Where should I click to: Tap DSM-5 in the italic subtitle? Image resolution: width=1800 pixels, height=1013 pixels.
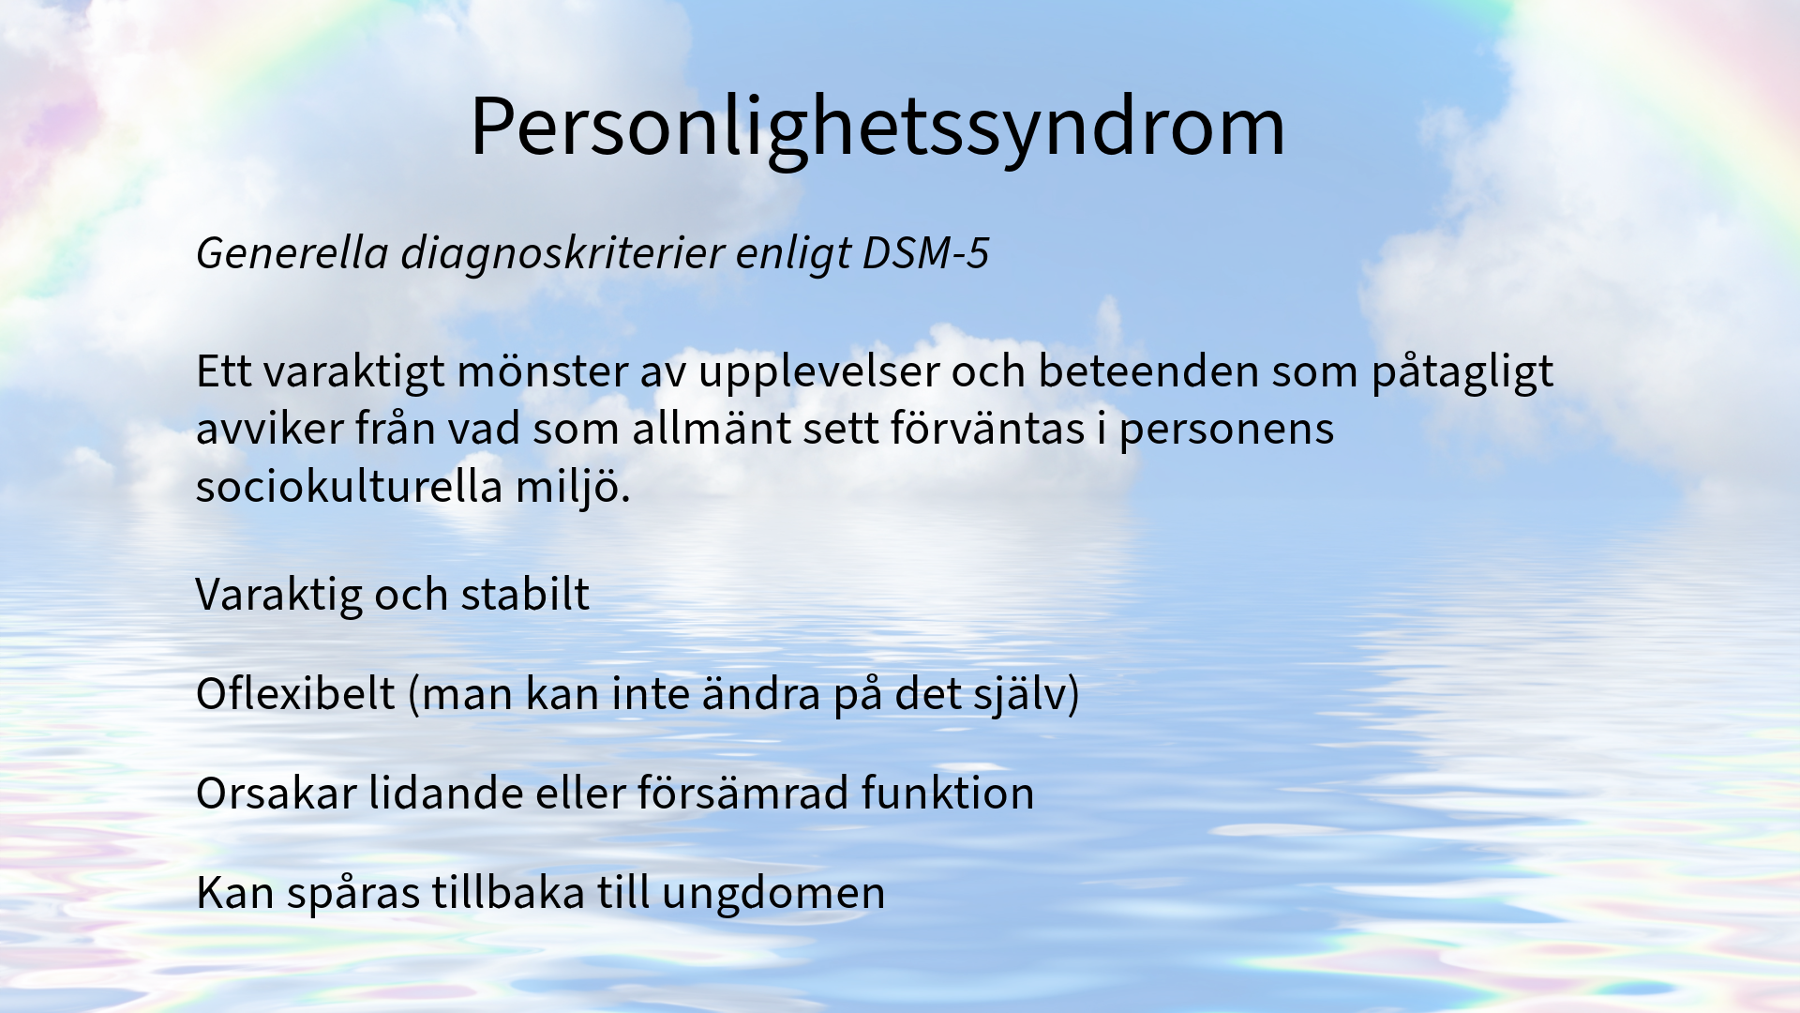point(925,253)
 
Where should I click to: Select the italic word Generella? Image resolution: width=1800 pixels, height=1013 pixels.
point(292,253)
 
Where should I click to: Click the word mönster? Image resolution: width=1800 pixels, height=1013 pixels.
point(542,371)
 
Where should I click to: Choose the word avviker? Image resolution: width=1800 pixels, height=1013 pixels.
point(270,430)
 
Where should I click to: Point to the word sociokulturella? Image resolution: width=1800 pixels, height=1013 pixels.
point(350,487)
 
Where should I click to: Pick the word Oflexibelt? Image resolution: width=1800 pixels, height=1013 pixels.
point(295,694)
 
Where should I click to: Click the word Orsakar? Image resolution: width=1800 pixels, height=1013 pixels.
point(277,794)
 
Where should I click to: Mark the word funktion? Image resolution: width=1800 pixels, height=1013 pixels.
point(948,794)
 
